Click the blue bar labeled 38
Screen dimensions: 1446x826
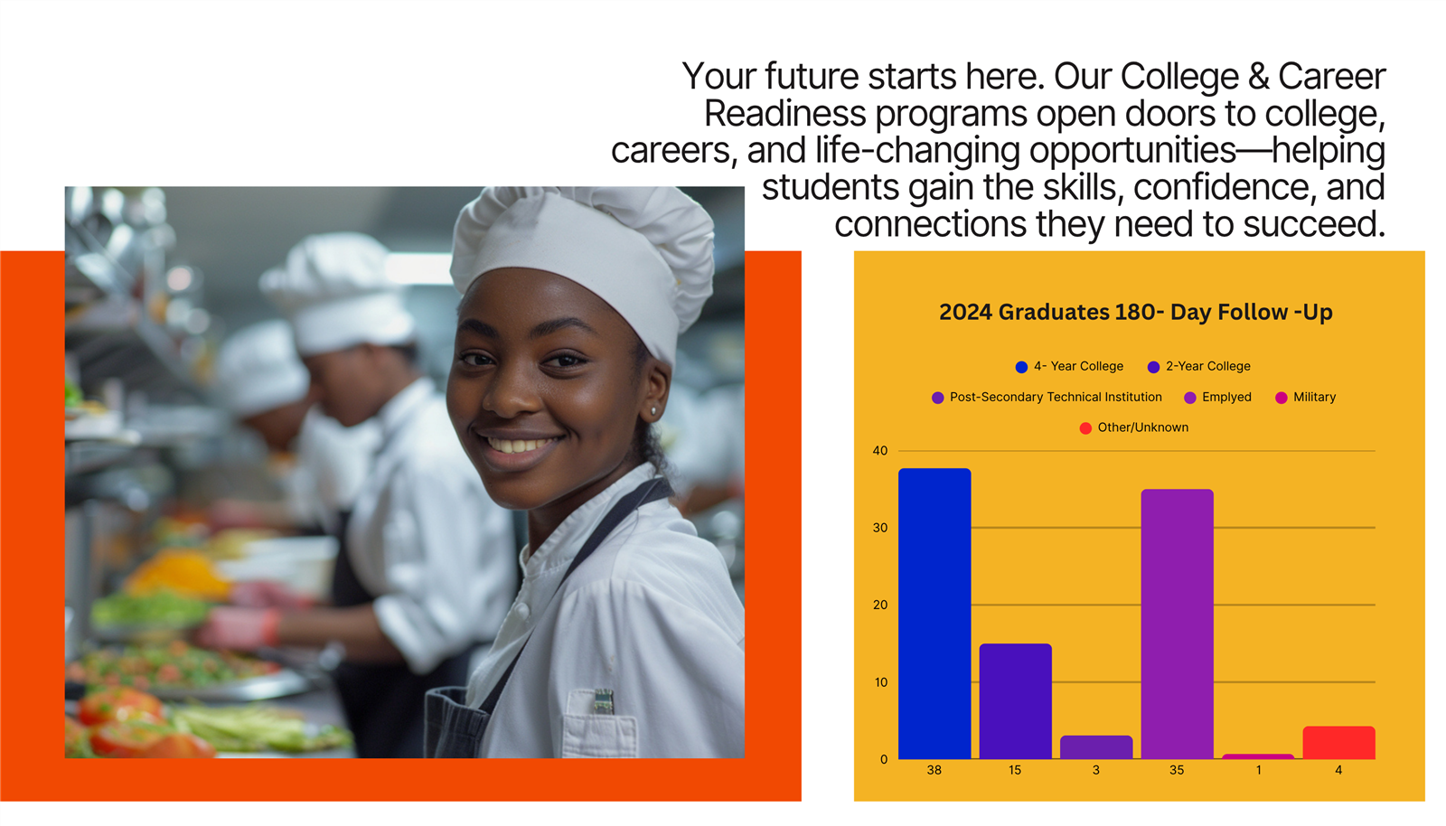tap(934, 613)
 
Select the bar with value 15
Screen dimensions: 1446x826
tap(1015, 700)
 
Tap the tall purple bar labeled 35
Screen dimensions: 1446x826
tap(1177, 624)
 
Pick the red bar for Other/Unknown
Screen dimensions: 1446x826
tap(1338, 743)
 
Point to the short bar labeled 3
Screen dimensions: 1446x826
tap(1096, 747)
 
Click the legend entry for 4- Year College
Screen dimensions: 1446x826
tap(1069, 367)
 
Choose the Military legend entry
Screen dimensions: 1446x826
tap(1305, 397)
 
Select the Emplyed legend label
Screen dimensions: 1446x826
tap(1226, 397)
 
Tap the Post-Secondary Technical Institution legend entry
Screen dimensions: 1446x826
tap(1047, 397)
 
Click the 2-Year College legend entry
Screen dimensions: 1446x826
tap(1198, 367)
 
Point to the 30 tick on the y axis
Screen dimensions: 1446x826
tap(880, 528)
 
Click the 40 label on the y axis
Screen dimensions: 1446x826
tap(880, 450)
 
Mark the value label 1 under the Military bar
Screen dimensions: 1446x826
tap(1258, 770)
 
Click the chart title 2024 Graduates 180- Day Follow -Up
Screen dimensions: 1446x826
tap(1135, 313)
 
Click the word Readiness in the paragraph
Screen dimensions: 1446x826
tap(785, 114)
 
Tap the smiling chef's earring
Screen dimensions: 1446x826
tap(653, 410)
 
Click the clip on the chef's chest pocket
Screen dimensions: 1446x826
tap(604, 700)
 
